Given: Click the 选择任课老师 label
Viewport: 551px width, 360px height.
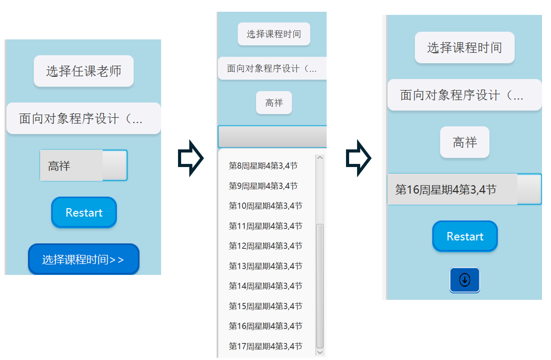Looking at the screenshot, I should pyautogui.click(x=84, y=71).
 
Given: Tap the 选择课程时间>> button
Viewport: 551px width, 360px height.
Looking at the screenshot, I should pyautogui.click(x=83, y=259).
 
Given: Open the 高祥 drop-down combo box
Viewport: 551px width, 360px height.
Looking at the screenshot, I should pyautogui.click(x=84, y=165).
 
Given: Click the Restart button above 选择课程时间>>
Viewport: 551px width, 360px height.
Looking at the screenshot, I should pyautogui.click(x=84, y=212).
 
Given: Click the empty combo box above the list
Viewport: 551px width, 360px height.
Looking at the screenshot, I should pyautogui.click(x=272, y=137).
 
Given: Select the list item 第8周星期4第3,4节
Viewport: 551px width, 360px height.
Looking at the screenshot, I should pyautogui.click(x=263, y=166).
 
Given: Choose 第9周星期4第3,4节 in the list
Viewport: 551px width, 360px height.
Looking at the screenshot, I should pyautogui.click(x=263, y=186).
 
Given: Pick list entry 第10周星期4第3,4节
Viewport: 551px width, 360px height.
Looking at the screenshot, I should pyautogui.click(x=265, y=206).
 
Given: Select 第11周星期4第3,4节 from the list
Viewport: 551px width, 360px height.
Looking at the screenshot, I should pyautogui.click(x=265, y=226).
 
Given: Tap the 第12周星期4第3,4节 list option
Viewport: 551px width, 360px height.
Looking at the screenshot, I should pyautogui.click(x=265, y=246).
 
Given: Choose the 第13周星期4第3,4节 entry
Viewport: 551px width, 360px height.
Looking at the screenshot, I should pyautogui.click(x=265, y=266).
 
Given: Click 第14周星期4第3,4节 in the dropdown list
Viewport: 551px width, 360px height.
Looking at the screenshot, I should pyautogui.click(x=265, y=286).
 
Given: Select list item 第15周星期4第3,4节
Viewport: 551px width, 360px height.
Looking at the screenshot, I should pyautogui.click(x=265, y=306).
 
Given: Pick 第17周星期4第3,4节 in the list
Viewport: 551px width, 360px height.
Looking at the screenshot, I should pyautogui.click(x=265, y=346).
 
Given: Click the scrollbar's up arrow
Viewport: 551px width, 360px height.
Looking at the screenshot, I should pyautogui.click(x=320, y=158).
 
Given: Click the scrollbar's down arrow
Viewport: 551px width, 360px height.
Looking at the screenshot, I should pyautogui.click(x=320, y=352).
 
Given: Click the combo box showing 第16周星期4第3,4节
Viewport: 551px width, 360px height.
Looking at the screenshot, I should pyautogui.click(x=464, y=189).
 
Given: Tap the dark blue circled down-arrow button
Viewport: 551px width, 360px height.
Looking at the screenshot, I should pyautogui.click(x=465, y=280).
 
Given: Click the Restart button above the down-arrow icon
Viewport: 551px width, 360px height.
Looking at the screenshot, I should pyautogui.click(x=465, y=236).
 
